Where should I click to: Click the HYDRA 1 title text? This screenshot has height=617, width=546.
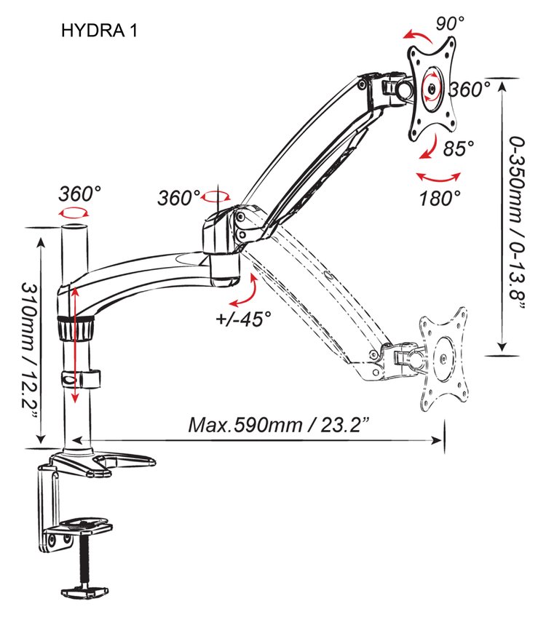tap(99, 31)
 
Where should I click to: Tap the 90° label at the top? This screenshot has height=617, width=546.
tap(450, 23)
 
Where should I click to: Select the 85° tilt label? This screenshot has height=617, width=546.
tap(458, 148)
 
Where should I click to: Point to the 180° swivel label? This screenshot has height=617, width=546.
tap(439, 199)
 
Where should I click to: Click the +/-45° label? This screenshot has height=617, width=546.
tap(244, 319)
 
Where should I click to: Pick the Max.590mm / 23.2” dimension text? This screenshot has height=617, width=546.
tap(279, 425)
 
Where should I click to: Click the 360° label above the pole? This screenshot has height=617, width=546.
tap(80, 194)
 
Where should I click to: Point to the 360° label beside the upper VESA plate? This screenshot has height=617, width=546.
tap(470, 89)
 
